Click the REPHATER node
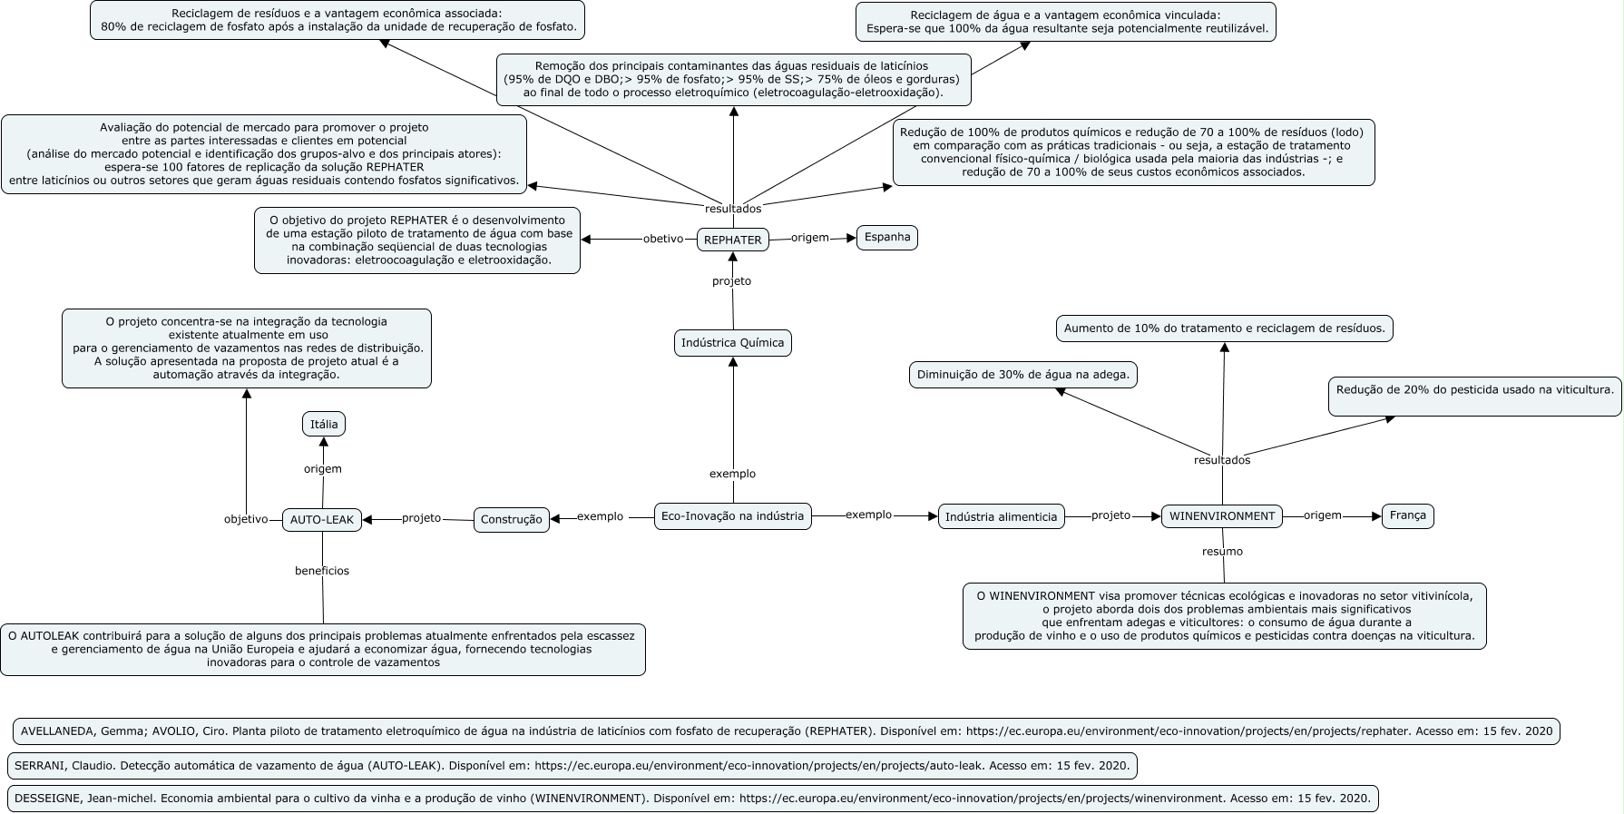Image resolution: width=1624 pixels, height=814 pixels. [x=732, y=240]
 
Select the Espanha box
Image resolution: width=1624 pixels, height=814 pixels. [x=887, y=238]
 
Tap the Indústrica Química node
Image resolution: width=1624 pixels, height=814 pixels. [x=733, y=343]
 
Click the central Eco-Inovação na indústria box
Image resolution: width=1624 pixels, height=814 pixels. [x=732, y=516]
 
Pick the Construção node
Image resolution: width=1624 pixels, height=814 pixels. [x=511, y=520]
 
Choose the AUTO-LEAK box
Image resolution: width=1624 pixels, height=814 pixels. [x=322, y=520]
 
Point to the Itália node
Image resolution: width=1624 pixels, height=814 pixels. [x=324, y=424]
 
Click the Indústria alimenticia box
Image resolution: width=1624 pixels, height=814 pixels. [x=1001, y=516]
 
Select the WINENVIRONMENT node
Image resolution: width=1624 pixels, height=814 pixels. [x=1222, y=516]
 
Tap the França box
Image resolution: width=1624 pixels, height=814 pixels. [x=1407, y=515]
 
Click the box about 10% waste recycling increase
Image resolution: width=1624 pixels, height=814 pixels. [x=1224, y=329]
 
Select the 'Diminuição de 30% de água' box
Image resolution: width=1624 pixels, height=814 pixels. [x=1023, y=375]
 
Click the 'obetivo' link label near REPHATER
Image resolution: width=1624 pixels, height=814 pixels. [x=663, y=240]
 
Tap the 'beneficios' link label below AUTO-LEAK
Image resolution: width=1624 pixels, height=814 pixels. [x=322, y=571]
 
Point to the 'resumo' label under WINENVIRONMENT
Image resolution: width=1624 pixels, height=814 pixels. [x=1222, y=551]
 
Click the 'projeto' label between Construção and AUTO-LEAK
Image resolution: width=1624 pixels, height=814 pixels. [x=421, y=518]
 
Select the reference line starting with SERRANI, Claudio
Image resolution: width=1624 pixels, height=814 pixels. [x=572, y=766]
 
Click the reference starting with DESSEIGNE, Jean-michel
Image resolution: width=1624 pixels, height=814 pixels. [x=692, y=799]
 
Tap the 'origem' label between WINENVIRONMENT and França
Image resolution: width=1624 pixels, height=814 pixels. [x=1322, y=515]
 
